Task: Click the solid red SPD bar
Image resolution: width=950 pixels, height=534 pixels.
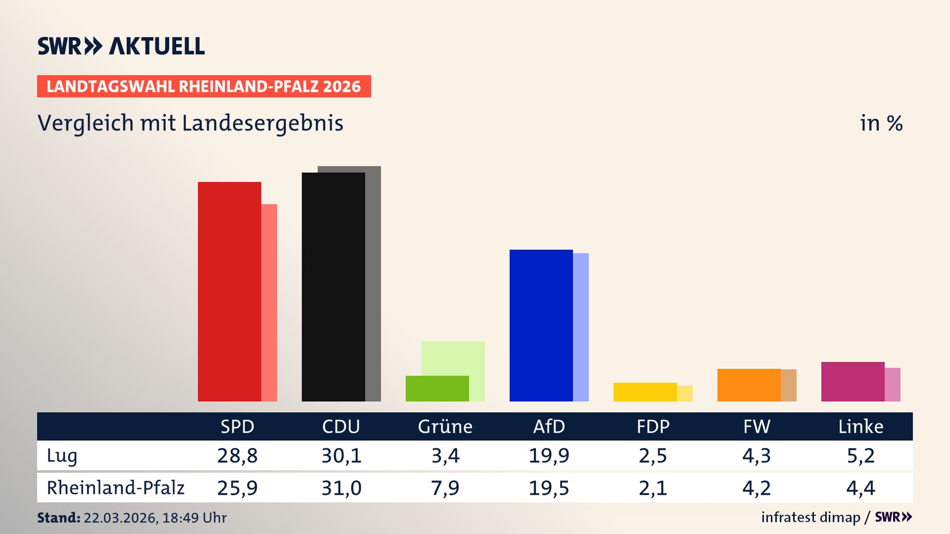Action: point(229,292)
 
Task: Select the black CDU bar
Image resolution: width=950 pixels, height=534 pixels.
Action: point(333,287)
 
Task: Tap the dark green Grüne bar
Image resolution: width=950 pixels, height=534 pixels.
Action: point(437,389)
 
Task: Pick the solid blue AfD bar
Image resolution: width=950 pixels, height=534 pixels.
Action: point(541,325)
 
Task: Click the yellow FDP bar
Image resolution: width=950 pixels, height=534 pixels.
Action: point(645,392)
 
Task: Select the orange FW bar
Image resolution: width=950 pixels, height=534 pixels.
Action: point(749,385)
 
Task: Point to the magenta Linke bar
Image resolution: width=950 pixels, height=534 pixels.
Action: point(853,382)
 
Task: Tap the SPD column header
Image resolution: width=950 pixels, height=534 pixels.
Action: point(237,427)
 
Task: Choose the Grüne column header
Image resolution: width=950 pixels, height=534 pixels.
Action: point(445,427)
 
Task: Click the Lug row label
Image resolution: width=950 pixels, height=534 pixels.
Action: point(62,456)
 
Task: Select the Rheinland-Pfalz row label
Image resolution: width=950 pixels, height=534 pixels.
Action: point(115,488)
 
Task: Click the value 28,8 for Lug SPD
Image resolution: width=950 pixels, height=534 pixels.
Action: point(237,456)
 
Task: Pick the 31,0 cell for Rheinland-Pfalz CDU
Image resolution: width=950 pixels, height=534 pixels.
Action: point(341,488)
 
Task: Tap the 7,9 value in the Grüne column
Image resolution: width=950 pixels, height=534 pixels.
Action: point(445,488)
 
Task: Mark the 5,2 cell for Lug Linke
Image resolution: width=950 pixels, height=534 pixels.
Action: point(860,456)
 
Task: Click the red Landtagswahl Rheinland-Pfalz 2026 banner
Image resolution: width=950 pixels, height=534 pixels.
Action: point(204,87)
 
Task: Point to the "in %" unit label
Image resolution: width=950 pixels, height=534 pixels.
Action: point(881,124)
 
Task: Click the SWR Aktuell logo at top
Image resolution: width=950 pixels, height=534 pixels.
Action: point(121,46)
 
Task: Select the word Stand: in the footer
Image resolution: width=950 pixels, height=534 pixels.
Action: point(58,518)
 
